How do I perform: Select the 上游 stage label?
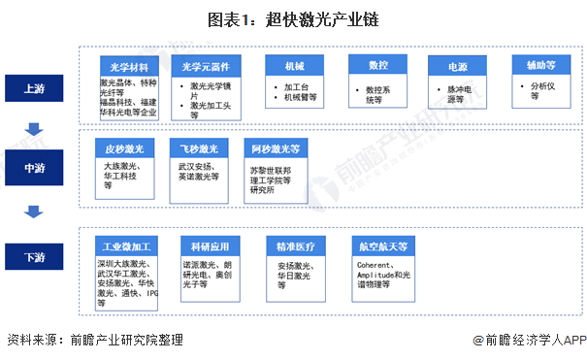click(x=34, y=88)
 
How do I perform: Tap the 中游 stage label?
click(x=34, y=168)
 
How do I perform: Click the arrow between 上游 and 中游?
click(x=34, y=128)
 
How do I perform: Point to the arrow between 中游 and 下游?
click(x=34, y=211)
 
